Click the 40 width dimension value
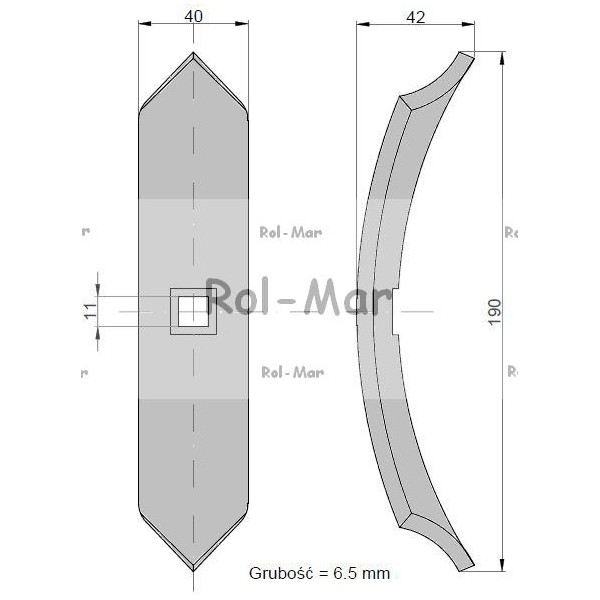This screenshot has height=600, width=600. (x=193, y=16)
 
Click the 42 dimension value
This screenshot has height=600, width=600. (x=416, y=17)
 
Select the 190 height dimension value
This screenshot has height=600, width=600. (x=494, y=311)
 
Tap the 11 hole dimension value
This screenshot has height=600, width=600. (x=90, y=311)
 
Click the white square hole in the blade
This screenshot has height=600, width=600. (x=193, y=311)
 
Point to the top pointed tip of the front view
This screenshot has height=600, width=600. (x=193, y=52)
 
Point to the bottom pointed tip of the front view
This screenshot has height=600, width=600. (x=193, y=571)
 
